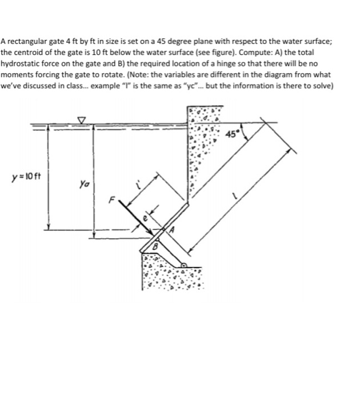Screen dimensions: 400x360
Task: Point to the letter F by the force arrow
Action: [114, 200]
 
